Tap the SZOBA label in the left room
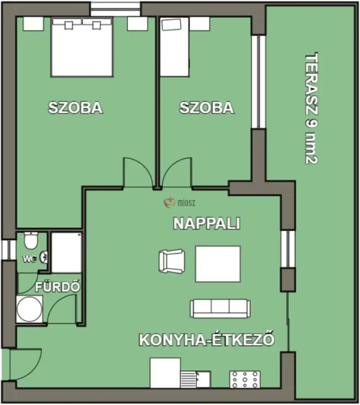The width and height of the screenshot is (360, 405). [x=76, y=108]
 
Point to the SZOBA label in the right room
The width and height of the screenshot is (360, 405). [x=207, y=108]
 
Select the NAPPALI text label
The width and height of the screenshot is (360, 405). [x=207, y=224]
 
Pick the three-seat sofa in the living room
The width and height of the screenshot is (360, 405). [x=220, y=308]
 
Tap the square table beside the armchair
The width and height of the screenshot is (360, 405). [x=218, y=264]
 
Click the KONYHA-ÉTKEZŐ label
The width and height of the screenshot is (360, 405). [x=207, y=340]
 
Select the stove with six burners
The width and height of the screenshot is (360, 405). [x=245, y=379]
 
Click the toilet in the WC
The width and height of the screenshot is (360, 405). [x=31, y=240]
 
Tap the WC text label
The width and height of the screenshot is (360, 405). [x=30, y=259]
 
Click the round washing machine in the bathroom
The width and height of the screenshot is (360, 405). [x=30, y=309]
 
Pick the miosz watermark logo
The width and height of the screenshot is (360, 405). [x=180, y=203]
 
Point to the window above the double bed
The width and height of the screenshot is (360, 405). [x=115, y=9]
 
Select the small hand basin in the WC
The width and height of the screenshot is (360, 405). [x=44, y=256]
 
